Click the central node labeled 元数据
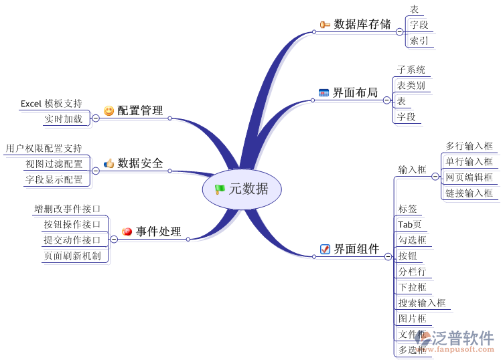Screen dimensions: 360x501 point(248,189)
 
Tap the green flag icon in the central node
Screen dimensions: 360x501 point(220,189)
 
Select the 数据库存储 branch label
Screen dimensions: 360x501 point(362,24)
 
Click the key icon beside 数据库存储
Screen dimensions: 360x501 point(325,25)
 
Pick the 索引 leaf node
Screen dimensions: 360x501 point(419,40)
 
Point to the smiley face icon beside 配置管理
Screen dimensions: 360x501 point(109,110)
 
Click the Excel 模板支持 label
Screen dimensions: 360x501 point(51,103)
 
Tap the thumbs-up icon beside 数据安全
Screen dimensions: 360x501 point(109,163)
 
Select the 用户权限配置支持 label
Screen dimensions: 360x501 point(44,148)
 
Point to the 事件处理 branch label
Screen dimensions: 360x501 point(158,232)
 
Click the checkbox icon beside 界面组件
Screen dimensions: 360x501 point(325,250)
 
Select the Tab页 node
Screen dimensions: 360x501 point(409,224)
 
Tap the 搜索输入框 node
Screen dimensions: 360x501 point(421,302)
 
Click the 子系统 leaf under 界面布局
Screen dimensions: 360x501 point(410,70)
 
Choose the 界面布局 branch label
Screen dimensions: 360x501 point(355,92)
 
